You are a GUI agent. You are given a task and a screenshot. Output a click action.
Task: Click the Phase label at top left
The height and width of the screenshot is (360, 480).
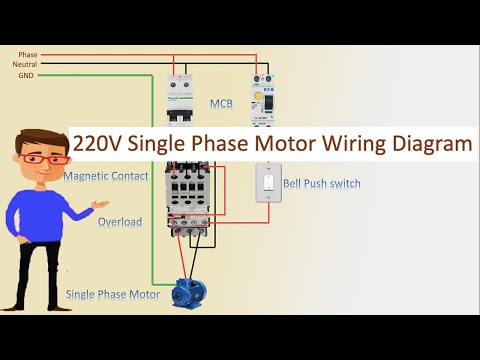pyautogui.click(x=27, y=54)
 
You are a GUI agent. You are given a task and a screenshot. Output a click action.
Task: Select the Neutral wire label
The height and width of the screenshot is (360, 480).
pyautogui.click(x=25, y=64)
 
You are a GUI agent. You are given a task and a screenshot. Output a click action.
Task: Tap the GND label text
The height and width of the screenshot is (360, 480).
pyautogui.click(x=26, y=75)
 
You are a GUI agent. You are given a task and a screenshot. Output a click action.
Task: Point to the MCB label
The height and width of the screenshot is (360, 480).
pyautogui.click(x=221, y=103)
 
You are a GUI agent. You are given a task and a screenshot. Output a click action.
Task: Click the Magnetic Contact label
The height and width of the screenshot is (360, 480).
pyautogui.click(x=106, y=176)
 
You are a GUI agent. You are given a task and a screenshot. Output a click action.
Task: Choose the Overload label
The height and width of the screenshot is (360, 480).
pyautogui.click(x=119, y=221)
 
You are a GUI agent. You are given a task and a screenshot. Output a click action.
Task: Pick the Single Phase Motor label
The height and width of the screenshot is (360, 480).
pyautogui.click(x=113, y=294)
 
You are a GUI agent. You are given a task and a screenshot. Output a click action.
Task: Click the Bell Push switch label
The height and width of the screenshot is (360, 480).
pyautogui.click(x=321, y=184)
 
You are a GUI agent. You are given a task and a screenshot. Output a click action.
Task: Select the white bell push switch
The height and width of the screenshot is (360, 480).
pyautogui.click(x=266, y=185)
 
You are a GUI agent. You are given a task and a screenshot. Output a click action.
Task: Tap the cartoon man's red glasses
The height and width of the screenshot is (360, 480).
pyautogui.click(x=36, y=160)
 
